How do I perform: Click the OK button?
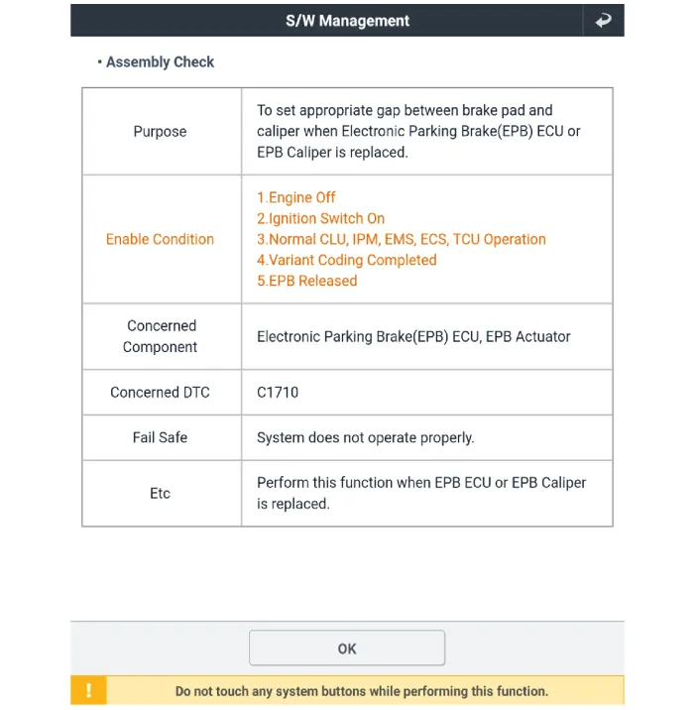coord(346,649)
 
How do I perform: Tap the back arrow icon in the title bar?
coord(603,20)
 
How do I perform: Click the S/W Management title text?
coord(347,20)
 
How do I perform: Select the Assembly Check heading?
coord(159,61)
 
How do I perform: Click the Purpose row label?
coord(160,131)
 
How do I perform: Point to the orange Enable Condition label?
coord(160,239)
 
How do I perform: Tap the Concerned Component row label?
coord(160,336)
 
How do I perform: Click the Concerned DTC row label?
coord(160,392)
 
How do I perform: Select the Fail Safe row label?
coord(160,437)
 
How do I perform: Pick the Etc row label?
coord(160,493)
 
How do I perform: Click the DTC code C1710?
coord(278,392)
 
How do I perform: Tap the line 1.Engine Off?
coord(296,197)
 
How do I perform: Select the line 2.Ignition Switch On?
coord(320,218)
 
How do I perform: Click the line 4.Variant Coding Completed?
coord(346,260)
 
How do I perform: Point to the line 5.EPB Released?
coord(306,281)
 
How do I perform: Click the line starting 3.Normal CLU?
coord(401,239)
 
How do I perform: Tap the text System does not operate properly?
coord(365,437)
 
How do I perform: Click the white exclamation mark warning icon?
coord(88,691)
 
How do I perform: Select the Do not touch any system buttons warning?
coord(361,691)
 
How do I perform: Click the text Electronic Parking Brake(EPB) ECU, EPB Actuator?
coord(413,336)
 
